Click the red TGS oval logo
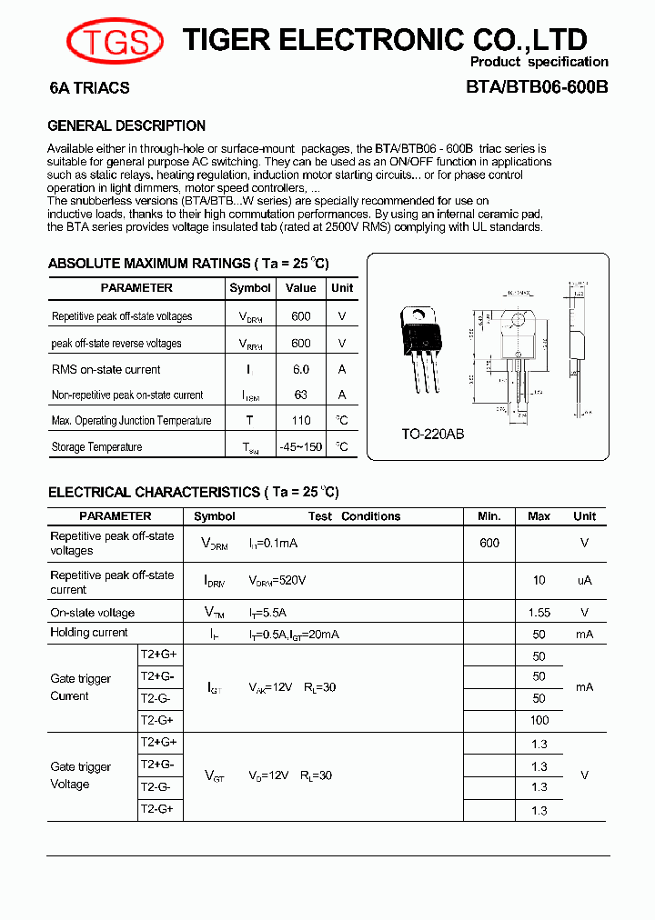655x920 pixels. (x=115, y=41)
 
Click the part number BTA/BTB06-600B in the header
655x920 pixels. (x=537, y=89)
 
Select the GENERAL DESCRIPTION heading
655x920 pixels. (x=126, y=126)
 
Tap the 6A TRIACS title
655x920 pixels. (x=89, y=89)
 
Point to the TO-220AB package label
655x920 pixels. (x=433, y=435)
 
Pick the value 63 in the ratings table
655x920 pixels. (x=301, y=395)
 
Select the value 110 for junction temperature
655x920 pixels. (x=301, y=421)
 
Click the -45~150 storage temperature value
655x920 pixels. (x=301, y=447)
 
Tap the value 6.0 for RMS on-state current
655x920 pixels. (x=301, y=370)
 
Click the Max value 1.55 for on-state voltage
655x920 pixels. (x=539, y=613)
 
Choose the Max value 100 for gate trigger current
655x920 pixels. (x=539, y=720)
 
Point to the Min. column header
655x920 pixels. (x=489, y=516)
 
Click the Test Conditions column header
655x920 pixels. (x=354, y=516)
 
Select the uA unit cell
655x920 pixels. (x=584, y=581)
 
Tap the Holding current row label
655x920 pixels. (x=89, y=633)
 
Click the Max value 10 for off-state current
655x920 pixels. (x=539, y=581)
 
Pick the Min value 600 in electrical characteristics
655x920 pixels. (x=489, y=543)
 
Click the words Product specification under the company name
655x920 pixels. (x=539, y=62)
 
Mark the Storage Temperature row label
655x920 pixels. (x=96, y=447)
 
